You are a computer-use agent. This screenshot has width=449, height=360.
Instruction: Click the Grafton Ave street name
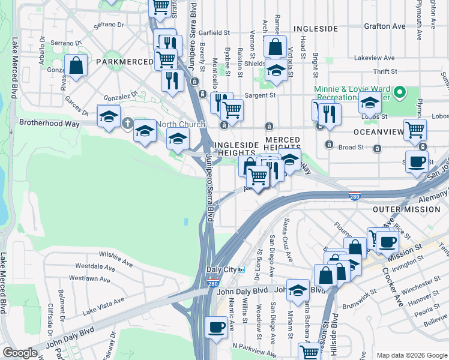pos(384,26)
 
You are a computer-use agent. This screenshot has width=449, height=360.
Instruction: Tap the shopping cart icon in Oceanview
pos(415,129)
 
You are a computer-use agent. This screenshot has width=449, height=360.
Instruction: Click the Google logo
pos(20,353)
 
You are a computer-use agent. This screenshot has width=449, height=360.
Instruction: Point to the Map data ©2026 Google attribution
pos(411,355)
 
